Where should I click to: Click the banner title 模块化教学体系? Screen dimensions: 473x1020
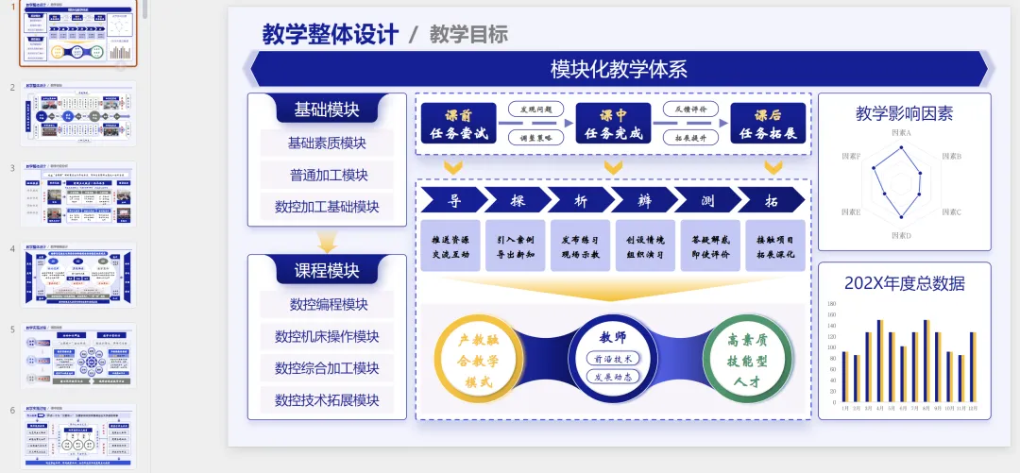(619, 69)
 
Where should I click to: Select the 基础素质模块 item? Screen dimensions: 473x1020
(327, 144)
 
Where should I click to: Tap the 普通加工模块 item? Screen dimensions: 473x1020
(327, 176)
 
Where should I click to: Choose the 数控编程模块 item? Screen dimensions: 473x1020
(327, 305)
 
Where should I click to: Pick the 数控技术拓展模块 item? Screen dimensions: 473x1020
(327, 400)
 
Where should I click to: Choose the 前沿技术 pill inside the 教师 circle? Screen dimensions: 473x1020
(612, 359)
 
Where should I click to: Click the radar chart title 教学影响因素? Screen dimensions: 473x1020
(904, 114)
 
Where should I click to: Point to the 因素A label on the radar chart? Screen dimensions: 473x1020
(901, 133)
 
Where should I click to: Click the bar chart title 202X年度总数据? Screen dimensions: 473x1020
(904, 283)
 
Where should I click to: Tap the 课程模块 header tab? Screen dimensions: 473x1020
(327, 271)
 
